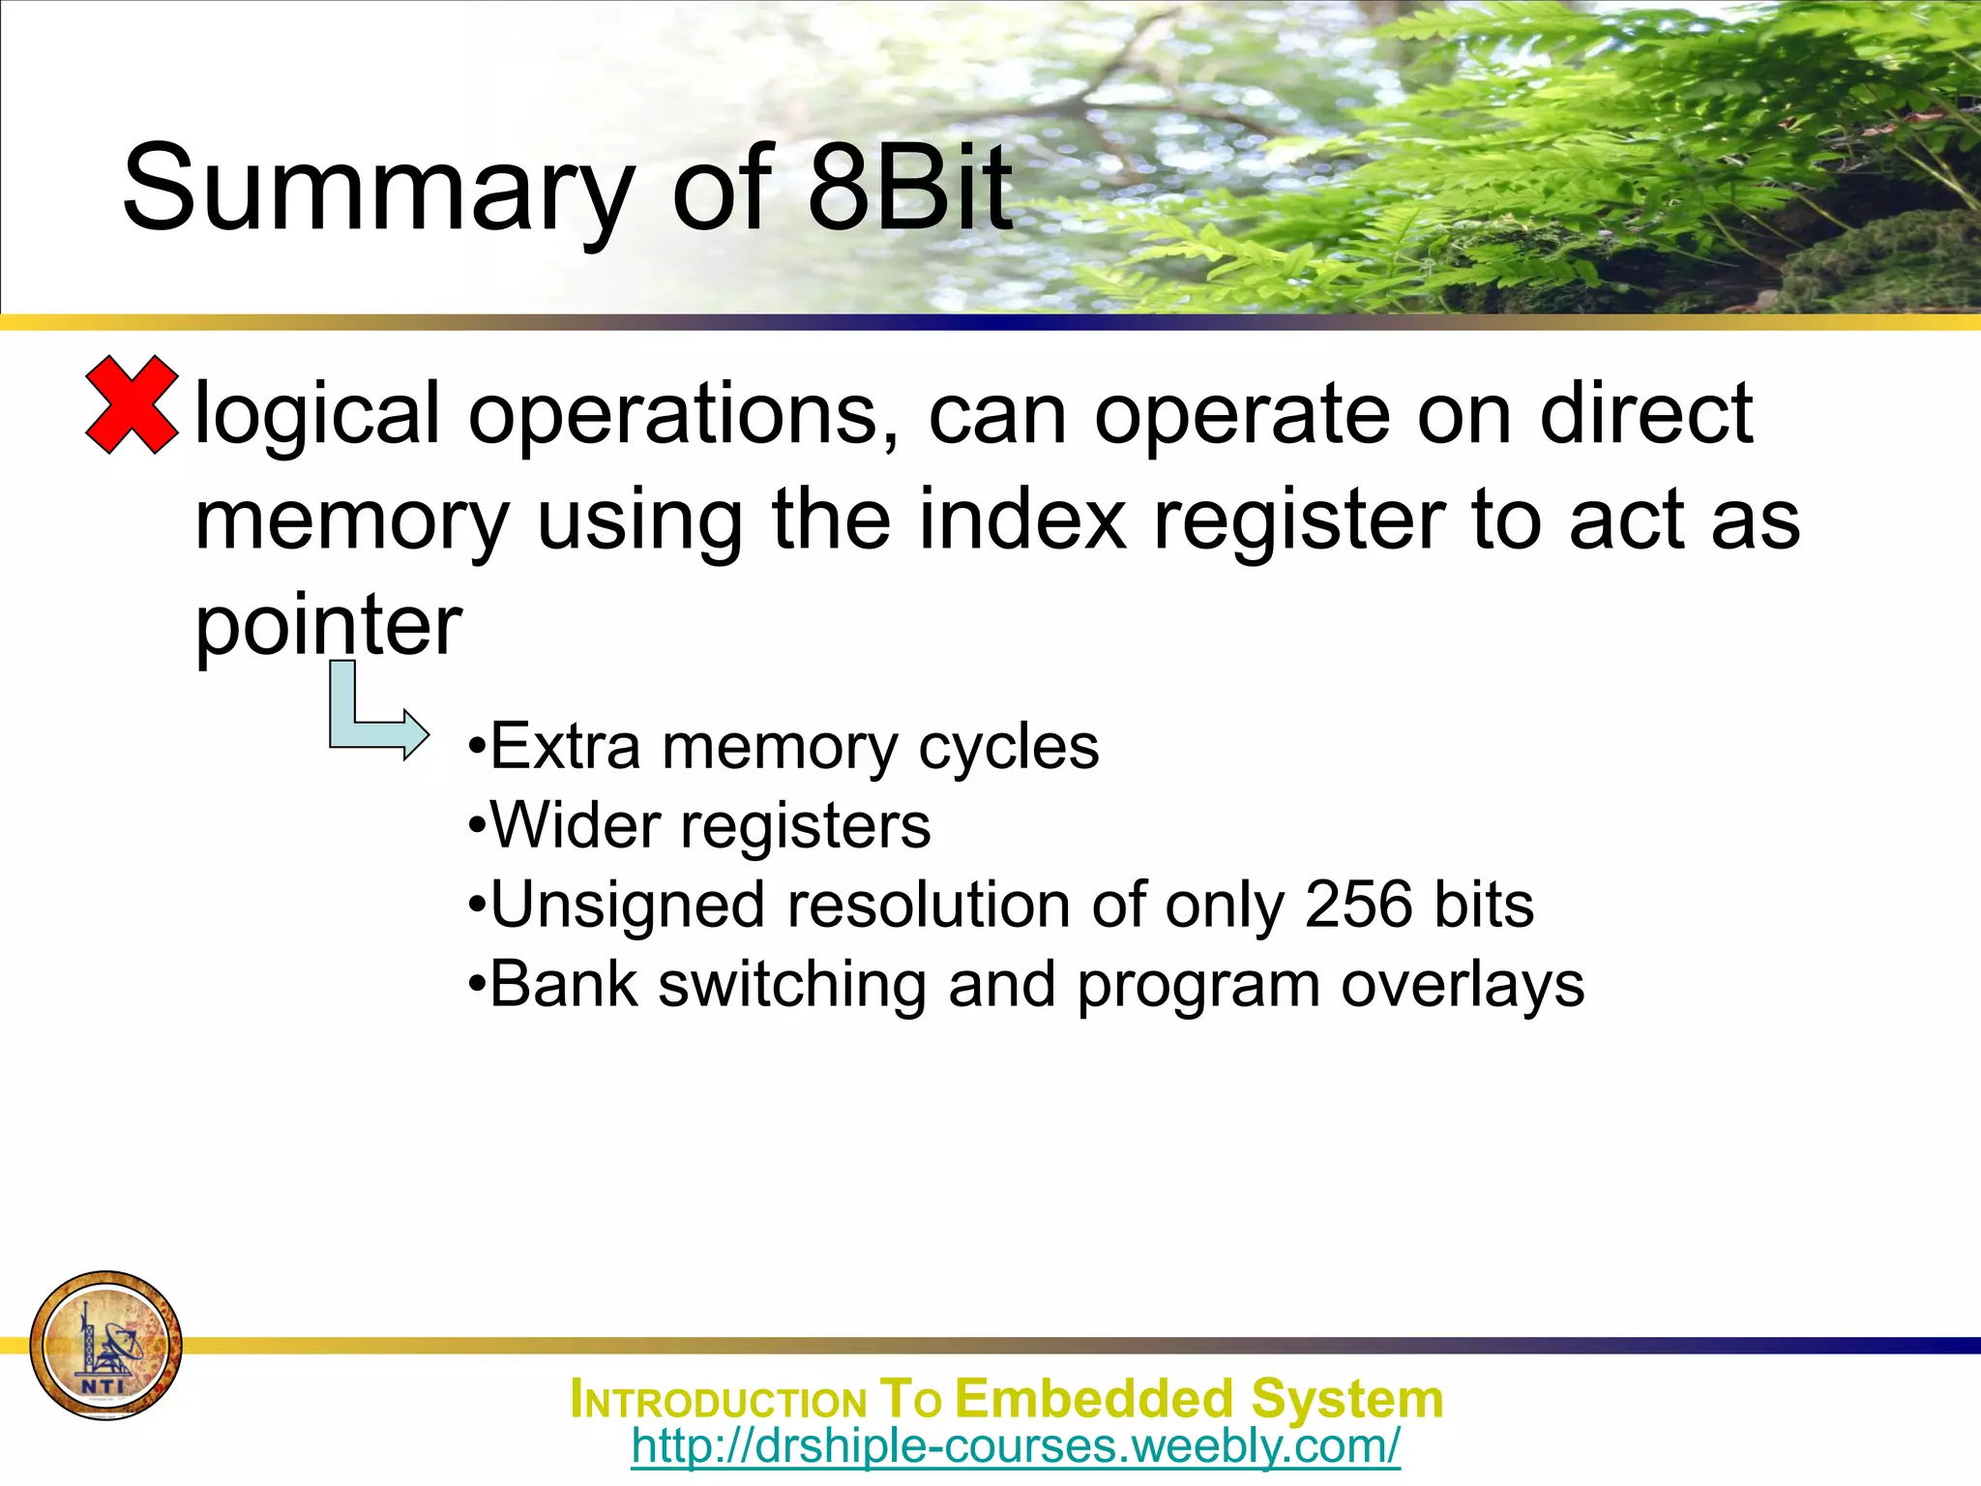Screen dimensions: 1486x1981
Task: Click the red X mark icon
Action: coord(132,404)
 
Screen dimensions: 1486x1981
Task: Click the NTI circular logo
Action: coord(105,1345)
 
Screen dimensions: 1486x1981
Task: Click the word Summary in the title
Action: coord(377,189)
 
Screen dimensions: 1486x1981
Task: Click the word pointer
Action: coord(328,627)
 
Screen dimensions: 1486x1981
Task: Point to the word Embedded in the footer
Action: coord(1095,1399)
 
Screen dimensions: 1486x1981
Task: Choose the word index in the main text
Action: coord(1022,520)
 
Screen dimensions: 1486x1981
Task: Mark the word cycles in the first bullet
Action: coord(1008,748)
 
